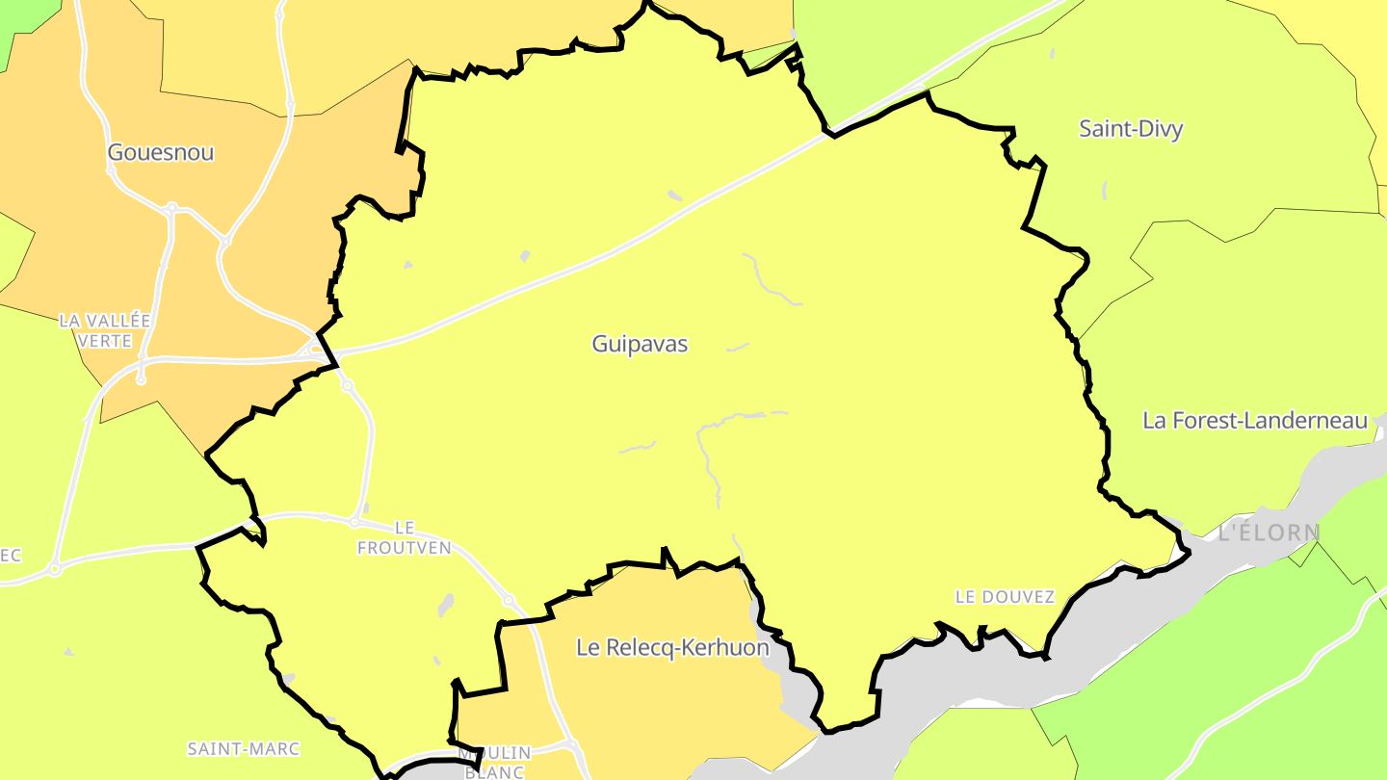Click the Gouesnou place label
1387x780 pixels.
(x=161, y=152)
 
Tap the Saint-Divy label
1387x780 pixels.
(x=1131, y=129)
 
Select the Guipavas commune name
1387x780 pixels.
(x=640, y=344)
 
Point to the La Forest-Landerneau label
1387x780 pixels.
(x=1255, y=421)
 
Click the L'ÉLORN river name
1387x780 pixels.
(x=1269, y=533)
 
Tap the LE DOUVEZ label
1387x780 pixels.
(x=1005, y=597)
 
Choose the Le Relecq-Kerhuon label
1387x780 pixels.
(x=672, y=648)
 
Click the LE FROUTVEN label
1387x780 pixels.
(x=404, y=538)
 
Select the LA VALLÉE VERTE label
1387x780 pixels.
(x=105, y=330)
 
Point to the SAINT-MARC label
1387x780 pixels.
(x=243, y=748)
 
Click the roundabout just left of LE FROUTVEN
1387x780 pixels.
(x=354, y=522)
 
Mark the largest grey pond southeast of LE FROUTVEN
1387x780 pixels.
(x=446, y=605)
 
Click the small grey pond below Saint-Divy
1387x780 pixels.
(x=1104, y=190)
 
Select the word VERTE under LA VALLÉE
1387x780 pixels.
(x=105, y=341)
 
